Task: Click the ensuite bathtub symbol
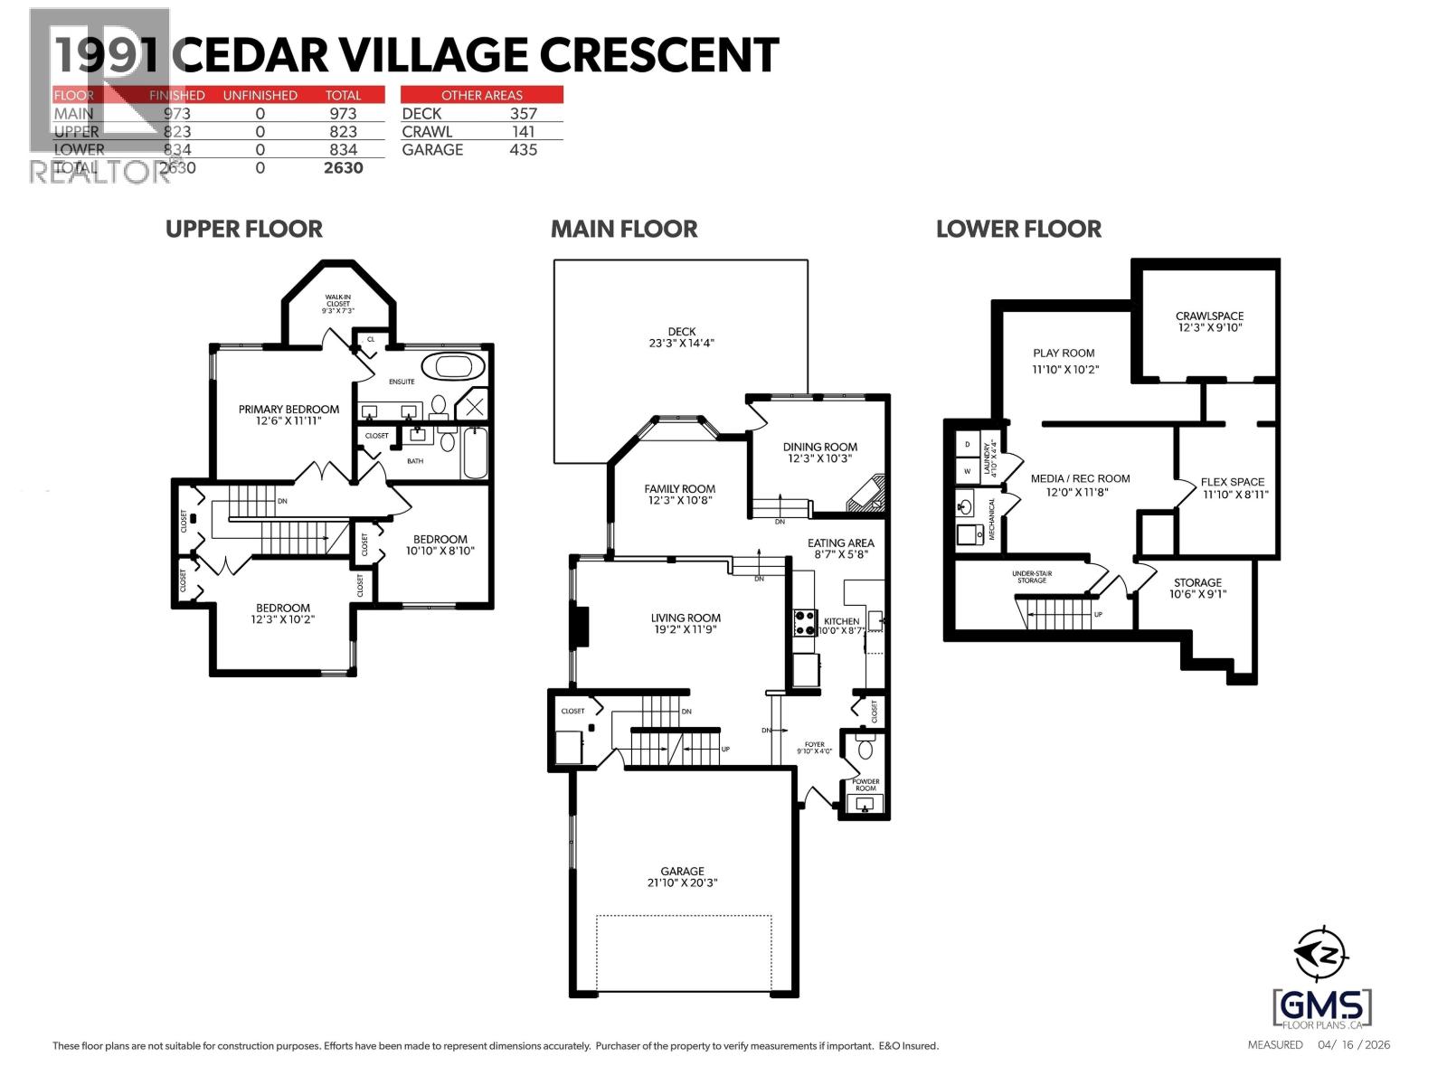(459, 367)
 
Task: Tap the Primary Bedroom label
(288, 409)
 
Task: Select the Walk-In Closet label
(338, 303)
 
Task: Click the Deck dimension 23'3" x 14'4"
(682, 344)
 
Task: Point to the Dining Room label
(819, 447)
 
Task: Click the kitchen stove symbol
(803, 622)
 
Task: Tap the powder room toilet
(865, 747)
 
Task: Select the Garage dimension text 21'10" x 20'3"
(682, 882)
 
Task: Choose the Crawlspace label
(1209, 316)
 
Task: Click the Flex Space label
(1232, 482)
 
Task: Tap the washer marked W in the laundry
(968, 471)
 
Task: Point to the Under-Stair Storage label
(1031, 577)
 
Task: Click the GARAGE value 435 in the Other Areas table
(523, 150)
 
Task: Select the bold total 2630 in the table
(344, 168)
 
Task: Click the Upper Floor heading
(243, 229)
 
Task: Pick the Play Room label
(1064, 354)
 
